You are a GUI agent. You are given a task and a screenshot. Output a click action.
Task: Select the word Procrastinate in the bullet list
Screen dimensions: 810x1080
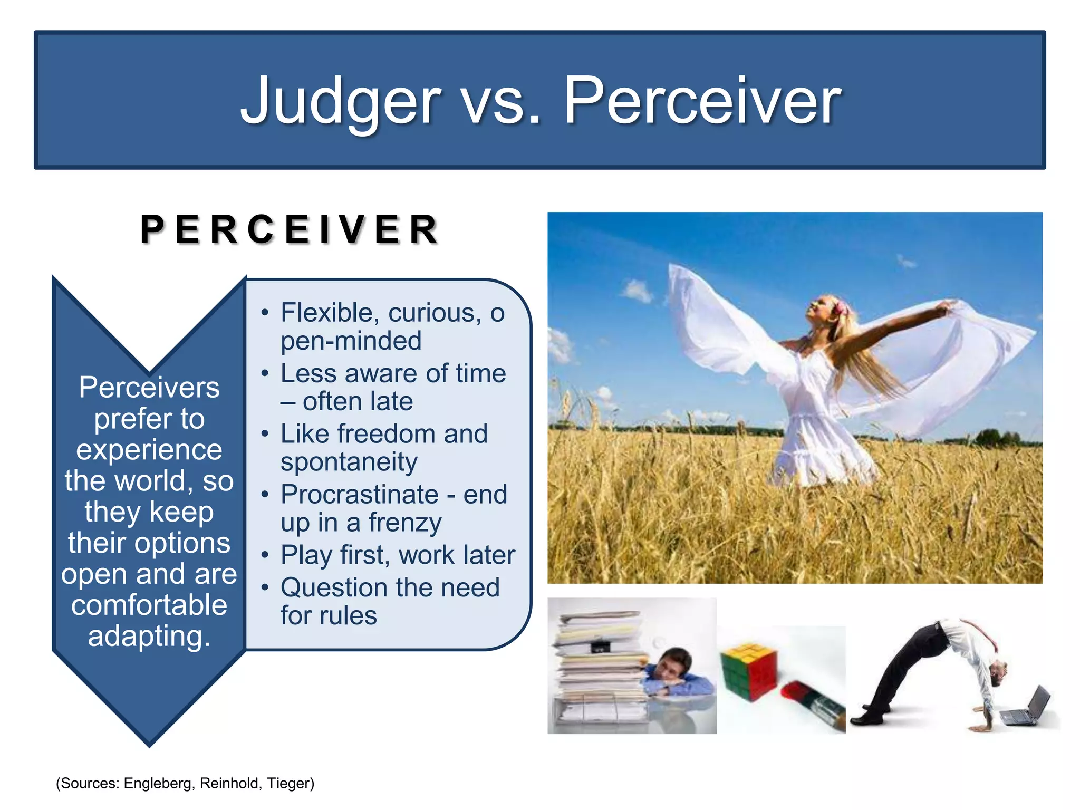(359, 495)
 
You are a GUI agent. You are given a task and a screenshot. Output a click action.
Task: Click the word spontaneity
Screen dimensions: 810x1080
(349, 462)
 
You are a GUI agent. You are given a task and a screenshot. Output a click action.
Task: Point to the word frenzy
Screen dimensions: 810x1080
(404, 523)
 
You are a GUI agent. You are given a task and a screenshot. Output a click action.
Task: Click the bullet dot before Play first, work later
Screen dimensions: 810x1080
(265, 555)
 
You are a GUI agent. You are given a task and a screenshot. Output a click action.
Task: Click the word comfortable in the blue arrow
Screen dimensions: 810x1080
(149, 605)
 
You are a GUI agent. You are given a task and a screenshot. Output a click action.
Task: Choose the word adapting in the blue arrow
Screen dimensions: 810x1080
(149, 636)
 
